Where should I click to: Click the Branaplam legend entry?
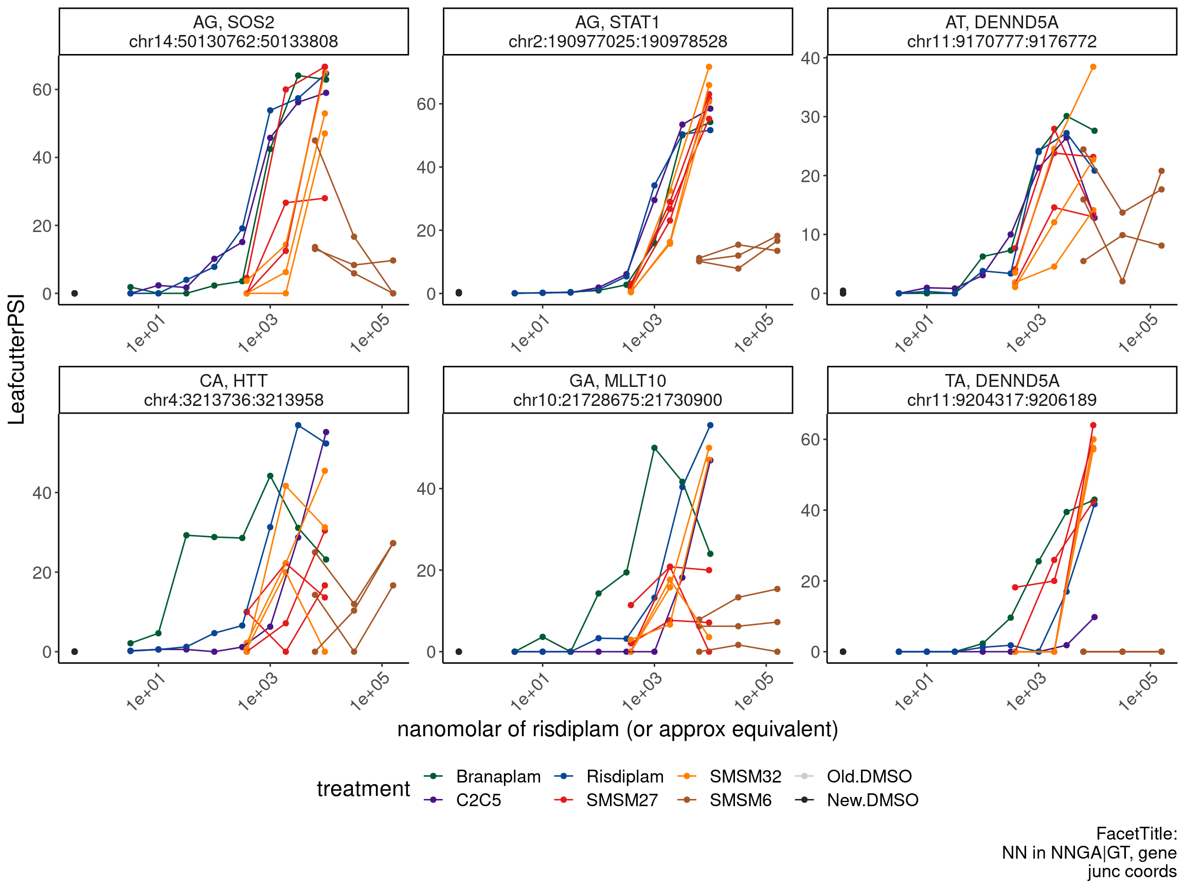pos(498,776)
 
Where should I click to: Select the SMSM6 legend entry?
pos(740,800)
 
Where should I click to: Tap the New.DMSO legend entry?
pos(872,800)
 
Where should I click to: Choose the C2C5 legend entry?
pos(478,800)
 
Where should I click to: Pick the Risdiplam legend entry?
pos(624,776)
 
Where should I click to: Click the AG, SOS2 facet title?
pos(234,23)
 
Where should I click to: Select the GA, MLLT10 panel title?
pos(617,381)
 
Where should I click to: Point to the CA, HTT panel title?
pos(234,381)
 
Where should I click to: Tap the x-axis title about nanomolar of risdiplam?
pos(617,730)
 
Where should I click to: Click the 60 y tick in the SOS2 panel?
pos(42,90)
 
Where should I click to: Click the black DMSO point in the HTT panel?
pos(75,652)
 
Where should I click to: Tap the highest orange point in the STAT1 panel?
pos(709,67)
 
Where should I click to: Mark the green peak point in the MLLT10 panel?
pos(654,448)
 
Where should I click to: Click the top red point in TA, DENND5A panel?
pos(1093,425)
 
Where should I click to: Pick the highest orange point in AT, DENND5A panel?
pos(1093,67)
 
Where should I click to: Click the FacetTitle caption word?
pos(1136,834)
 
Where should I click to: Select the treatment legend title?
pos(363,789)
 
